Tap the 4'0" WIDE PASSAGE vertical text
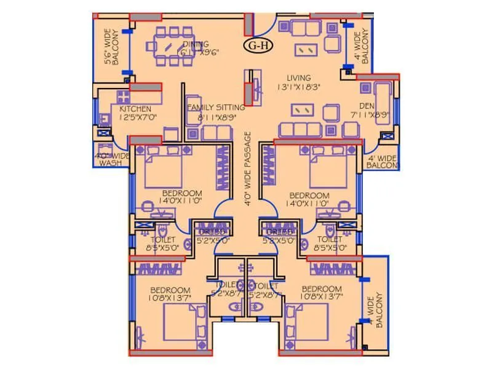click(248, 172)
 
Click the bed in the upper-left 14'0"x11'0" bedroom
click(163, 172)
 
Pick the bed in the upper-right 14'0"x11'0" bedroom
click(331, 172)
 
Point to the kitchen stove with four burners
click(122, 97)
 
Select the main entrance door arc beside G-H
click(263, 23)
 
